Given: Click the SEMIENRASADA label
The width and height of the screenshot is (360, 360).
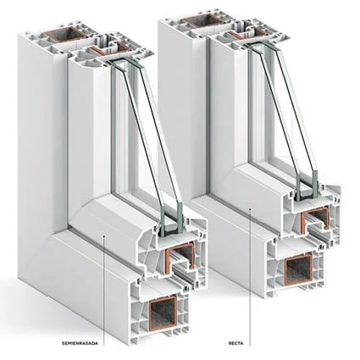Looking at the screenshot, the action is click(80, 343).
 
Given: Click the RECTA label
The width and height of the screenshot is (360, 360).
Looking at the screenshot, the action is click(235, 343).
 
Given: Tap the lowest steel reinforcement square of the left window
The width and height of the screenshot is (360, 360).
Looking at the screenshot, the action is click(163, 313).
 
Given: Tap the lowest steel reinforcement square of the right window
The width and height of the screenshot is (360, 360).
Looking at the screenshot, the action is click(298, 269).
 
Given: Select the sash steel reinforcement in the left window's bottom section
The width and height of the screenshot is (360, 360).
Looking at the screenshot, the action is click(180, 256).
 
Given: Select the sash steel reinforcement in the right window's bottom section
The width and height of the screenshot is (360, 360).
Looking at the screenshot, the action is click(316, 219).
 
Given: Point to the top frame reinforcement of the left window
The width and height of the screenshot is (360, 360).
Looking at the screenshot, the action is click(65, 34).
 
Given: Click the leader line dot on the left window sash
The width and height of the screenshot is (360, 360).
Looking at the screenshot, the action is click(104, 235).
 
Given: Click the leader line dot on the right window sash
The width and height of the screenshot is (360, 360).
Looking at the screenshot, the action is click(250, 209).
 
